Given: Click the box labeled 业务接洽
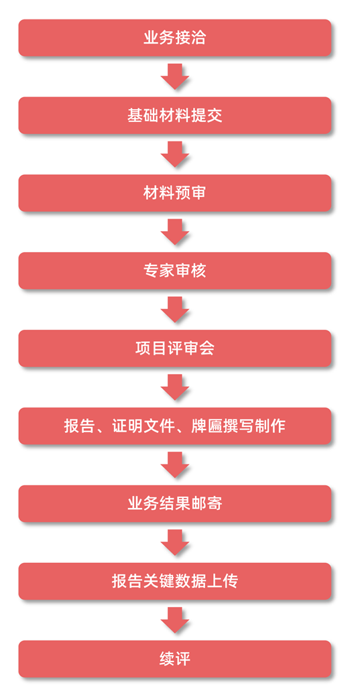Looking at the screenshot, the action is coord(174,38).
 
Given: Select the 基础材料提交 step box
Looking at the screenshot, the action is coord(174,115).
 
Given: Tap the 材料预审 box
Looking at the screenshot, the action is coord(174,193).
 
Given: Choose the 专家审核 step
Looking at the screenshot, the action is coord(174,271).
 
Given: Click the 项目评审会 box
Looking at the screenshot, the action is coord(174,348).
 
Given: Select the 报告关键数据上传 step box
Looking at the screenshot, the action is coord(174,581).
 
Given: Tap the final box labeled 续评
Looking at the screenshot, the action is coord(174,659).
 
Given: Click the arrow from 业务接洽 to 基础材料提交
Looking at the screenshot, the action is coord(174,76).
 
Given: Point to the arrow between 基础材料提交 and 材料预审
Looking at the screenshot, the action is coord(174,154).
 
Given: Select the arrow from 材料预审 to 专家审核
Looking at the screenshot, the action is coord(174,232).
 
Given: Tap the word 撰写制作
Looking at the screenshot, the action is coord(255,426).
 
